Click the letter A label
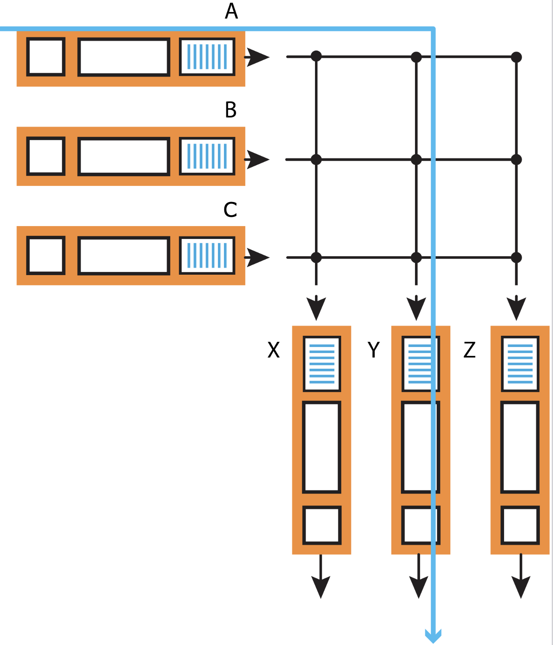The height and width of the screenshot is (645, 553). click(x=231, y=11)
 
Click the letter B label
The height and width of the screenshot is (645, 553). click(x=231, y=110)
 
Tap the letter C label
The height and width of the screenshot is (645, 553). click(x=230, y=210)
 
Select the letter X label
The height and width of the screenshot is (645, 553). click(x=273, y=350)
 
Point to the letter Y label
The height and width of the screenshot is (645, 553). click(x=374, y=350)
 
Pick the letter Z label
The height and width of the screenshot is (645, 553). click(x=470, y=350)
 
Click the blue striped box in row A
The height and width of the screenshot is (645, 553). click(x=207, y=57)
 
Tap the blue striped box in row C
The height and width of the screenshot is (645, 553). click(x=207, y=255)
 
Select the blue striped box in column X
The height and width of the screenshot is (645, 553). click(x=322, y=364)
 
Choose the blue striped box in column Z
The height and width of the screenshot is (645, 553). click(x=520, y=364)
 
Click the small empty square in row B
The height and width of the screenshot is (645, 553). click(x=46, y=156)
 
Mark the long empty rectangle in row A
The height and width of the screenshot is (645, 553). click(x=124, y=57)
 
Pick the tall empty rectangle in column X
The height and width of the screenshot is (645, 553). click(x=321, y=447)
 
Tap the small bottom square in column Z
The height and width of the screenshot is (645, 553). click(x=520, y=525)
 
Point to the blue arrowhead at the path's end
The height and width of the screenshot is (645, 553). click(x=433, y=636)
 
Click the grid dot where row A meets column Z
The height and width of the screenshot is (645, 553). click(x=516, y=57)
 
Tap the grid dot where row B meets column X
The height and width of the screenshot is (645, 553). click(x=316, y=159)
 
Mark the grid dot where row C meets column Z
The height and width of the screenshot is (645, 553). click(x=516, y=257)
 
